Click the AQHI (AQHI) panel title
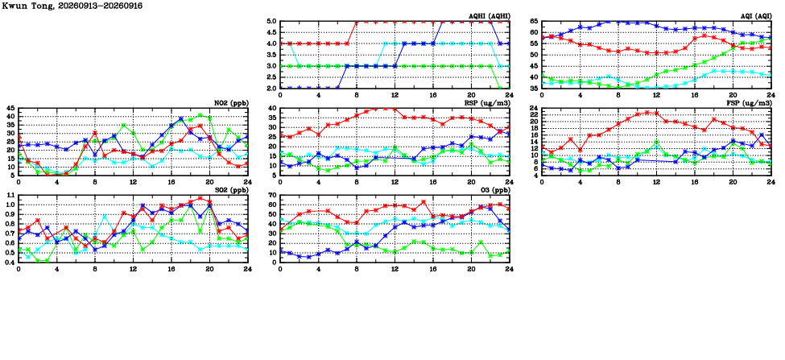click(488, 17)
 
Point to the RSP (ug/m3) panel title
click(487, 103)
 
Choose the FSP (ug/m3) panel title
click(749, 103)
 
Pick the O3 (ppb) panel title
click(494, 190)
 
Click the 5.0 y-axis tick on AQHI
click(271, 22)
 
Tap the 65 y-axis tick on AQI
click(534, 22)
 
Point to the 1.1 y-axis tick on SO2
click(10, 195)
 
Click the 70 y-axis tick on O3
click(272, 195)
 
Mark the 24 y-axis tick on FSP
click(534, 109)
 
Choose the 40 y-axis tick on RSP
click(272, 109)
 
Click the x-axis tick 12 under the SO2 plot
click(133, 269)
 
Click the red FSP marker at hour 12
click(656, 114)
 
